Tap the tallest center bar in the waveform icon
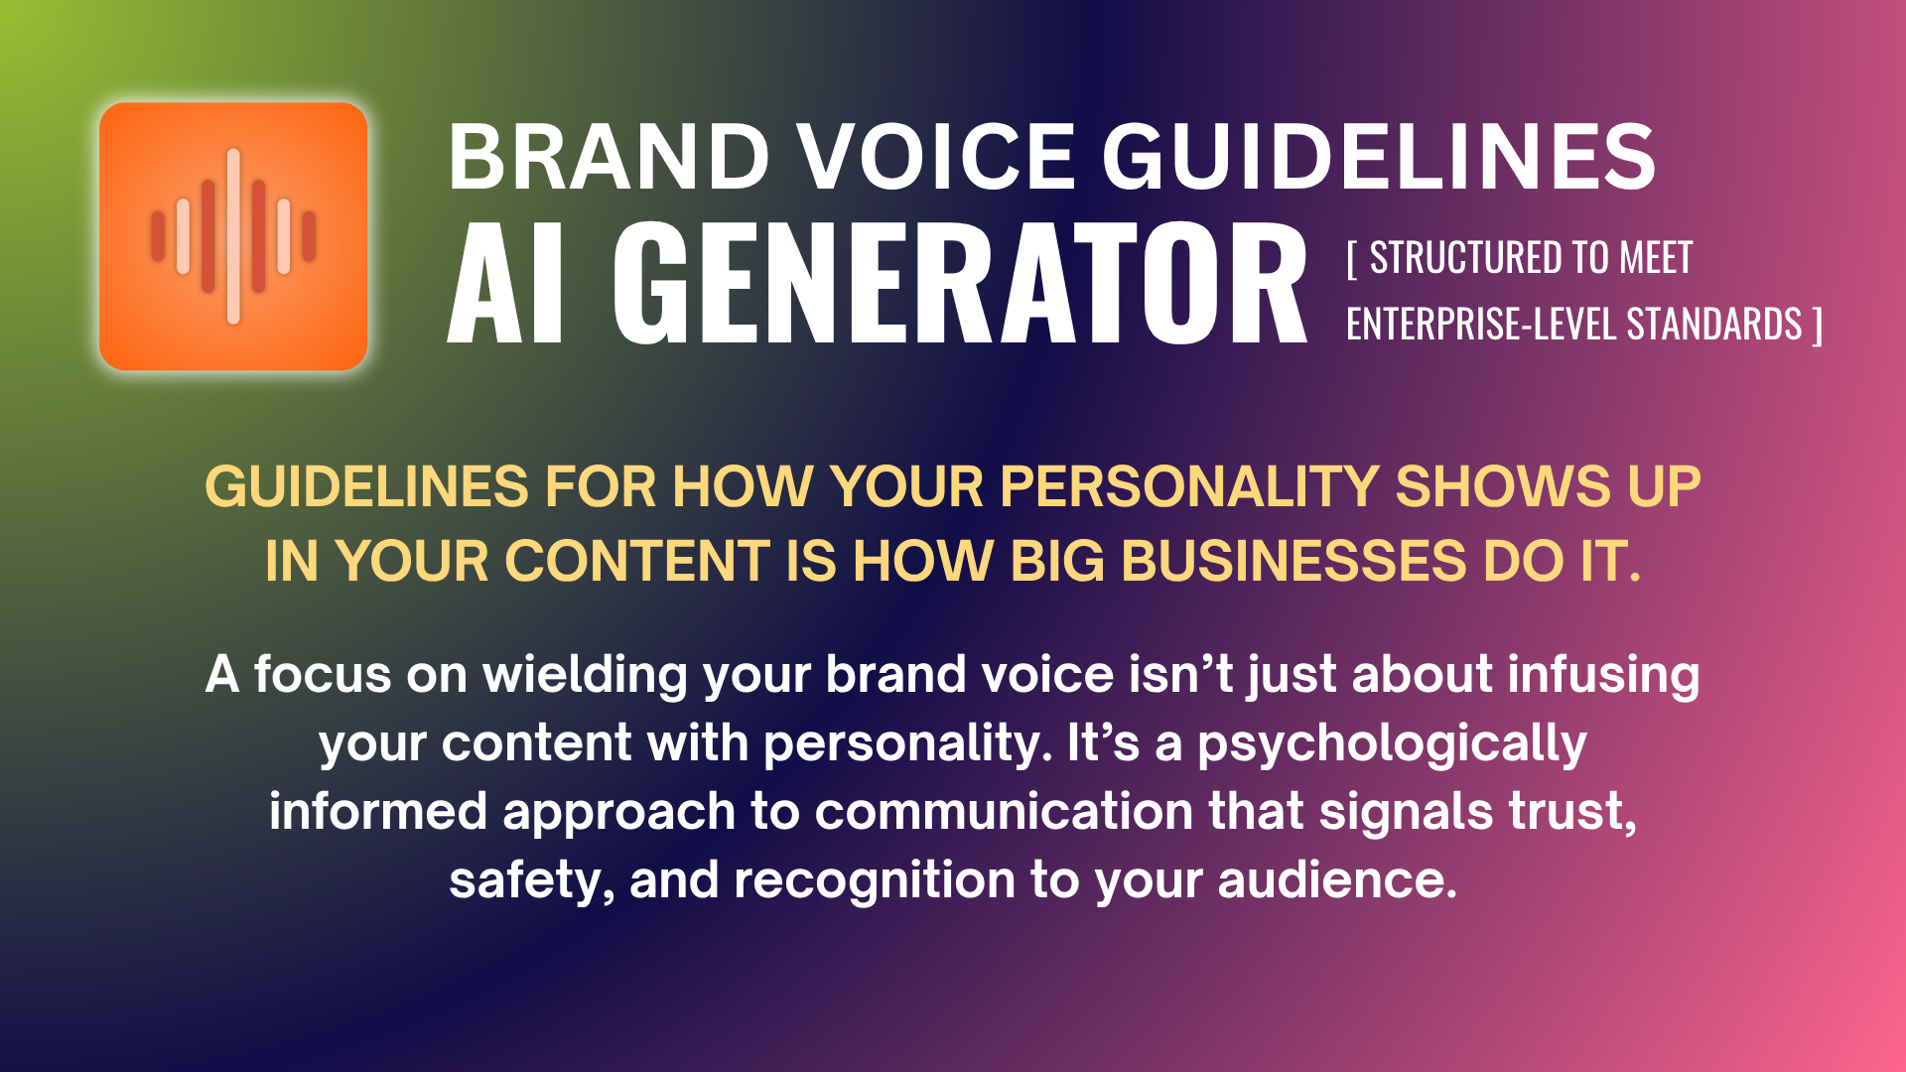[x=233, y=236]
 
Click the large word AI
[x=506, y=284]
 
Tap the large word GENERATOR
[x=959, y=284]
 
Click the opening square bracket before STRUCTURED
[x=1352, y=260]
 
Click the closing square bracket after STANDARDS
[x=1817, y=326]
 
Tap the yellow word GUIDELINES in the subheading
[x=366, y=487]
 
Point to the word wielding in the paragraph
[x=585, y=675]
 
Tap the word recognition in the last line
[x=875, y=880]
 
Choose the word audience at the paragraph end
[x=1335, y=880]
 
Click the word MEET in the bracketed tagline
[x=1655, y=259]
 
